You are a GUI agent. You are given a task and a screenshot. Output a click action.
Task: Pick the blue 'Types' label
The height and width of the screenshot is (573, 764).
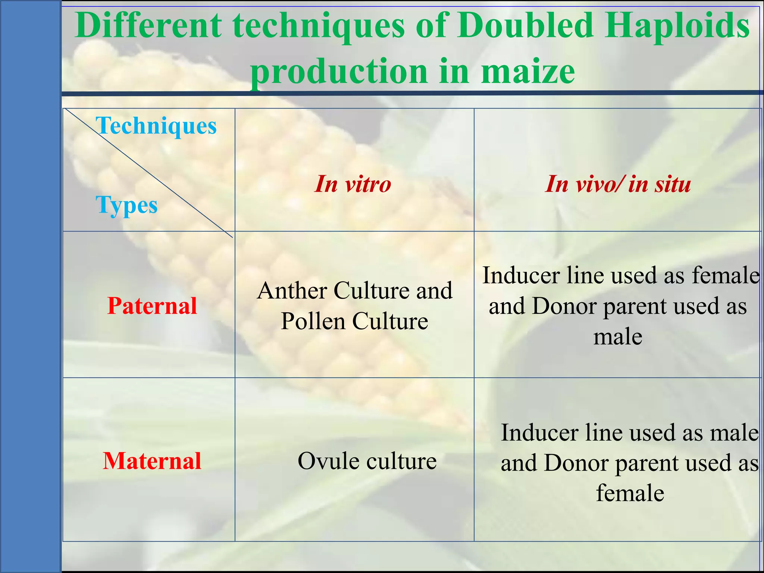coord(126,205)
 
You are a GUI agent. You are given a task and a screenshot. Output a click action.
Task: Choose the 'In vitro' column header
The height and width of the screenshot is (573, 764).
coord(353,184)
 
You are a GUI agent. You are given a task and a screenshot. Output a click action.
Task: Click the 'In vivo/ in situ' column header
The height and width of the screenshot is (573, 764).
coord(618,184)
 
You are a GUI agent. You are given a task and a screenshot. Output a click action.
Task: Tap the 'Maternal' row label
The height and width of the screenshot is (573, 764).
coord(152,461)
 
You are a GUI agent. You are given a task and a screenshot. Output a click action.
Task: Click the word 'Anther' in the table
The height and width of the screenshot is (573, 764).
coord(292,291)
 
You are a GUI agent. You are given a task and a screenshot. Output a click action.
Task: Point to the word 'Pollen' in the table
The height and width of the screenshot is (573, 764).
coord(313,321)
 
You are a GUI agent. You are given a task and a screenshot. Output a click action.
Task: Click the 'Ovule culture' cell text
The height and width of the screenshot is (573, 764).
coord(367,461)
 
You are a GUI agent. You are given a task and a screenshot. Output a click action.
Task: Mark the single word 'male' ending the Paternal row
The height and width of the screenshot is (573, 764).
coord(618,337)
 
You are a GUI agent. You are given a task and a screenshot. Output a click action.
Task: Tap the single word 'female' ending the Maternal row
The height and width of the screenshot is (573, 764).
coord(630,493)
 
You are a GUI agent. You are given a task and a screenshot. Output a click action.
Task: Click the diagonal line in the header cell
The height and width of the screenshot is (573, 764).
coord(149,173)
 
